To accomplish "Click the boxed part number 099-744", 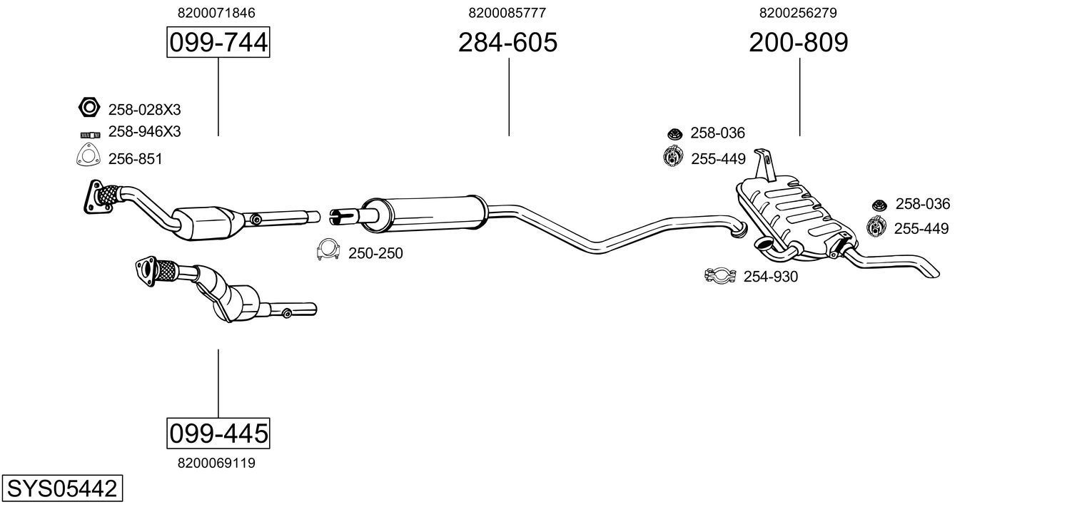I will (218, 43).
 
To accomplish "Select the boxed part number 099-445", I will (218, 433).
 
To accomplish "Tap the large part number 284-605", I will (507, 43).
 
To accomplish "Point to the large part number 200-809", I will (798, 43).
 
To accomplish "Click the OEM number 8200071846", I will (216, 13).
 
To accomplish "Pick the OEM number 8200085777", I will (507, 13).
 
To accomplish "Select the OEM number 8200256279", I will (798, 13).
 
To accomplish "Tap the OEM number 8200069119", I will (216, 463).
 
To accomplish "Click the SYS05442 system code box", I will (61, 489).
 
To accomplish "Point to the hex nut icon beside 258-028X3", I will (88, 108).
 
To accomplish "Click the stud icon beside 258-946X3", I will (89, 133).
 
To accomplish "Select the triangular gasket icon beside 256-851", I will (87, 156).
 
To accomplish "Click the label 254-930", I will (771, 277).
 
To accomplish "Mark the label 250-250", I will (375, 253).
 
